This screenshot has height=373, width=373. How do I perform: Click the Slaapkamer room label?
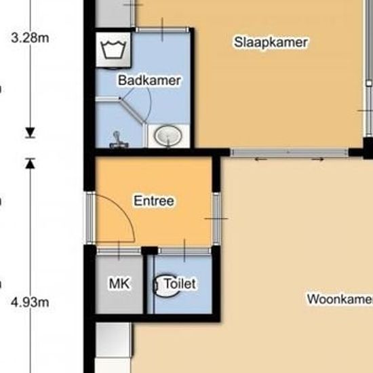pyautogui.click(x=271, y=43)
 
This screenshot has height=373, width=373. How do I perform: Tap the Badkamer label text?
pyautogui.click(x=149, y=81)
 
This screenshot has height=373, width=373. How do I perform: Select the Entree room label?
pyautogui.click(x=154, y=201)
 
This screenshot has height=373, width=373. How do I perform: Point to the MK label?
pyautogui.click(x=119, y=283)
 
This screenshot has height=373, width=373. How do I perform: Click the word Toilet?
pyautogui.click(x=180, y=283)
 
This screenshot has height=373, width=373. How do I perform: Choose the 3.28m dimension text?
pyautogui.click(x=30, y=38)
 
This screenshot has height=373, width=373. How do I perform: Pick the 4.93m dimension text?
pyautogui.click(x=30, y=302)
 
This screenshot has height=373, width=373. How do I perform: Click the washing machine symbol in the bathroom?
pyautogui.click(x=113, y=50)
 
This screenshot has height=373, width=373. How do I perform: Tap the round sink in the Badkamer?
pyautogui.click(x=168, y=136)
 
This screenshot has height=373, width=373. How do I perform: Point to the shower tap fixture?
pyautogui.click(x=117, y=140)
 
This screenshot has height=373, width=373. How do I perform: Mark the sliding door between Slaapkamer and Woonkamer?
pyautogui.click(x=290, y=152)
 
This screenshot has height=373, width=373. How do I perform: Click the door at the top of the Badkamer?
pyautogui.click(x=163, y=30)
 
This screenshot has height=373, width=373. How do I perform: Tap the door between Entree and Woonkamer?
pyautogui.click(x=216, y=218)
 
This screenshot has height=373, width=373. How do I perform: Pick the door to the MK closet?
pyautogui.click(x=119, y=251)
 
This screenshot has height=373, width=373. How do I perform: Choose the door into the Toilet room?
pyautogui.click(x=184, y=251)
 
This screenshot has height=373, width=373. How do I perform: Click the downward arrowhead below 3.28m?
pyautogui.click(x=31, y=132)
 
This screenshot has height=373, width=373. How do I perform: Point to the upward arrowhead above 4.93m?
pyautogui.click(x=31, y=163)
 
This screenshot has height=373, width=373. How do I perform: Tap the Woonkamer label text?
pyautogui.click(x=340, y=299)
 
